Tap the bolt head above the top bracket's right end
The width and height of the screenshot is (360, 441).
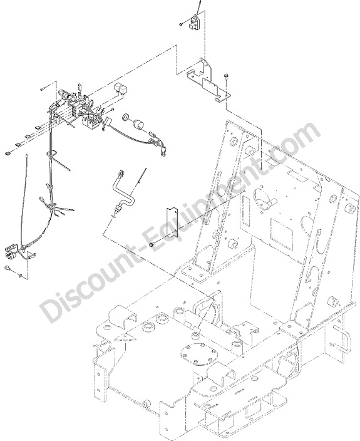tap(225, 76)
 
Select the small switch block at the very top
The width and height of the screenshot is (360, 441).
tap(195, 23)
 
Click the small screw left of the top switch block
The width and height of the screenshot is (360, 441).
tap(182, 24)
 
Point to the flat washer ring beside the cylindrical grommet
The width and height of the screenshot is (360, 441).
tap(126, 117)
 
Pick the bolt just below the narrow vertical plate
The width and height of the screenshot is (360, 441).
tap(152, 245)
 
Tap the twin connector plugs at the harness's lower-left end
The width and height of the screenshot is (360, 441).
tap(11, 252)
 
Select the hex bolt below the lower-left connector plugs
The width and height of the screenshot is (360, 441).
tap(8, 268)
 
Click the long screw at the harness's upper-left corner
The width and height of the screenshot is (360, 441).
tap(45, 88)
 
